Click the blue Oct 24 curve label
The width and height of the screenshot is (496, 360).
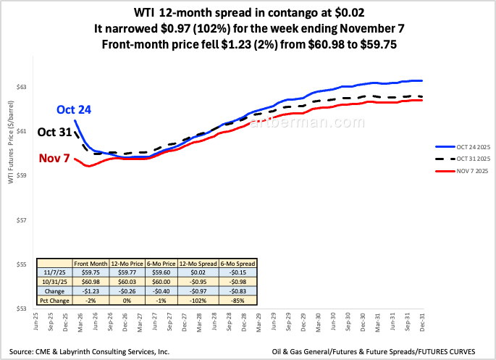pos(75,110)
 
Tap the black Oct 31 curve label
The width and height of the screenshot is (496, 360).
pos(55,133)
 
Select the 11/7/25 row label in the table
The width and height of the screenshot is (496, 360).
pos(54,273)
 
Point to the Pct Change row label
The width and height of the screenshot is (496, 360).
pos(54,299)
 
